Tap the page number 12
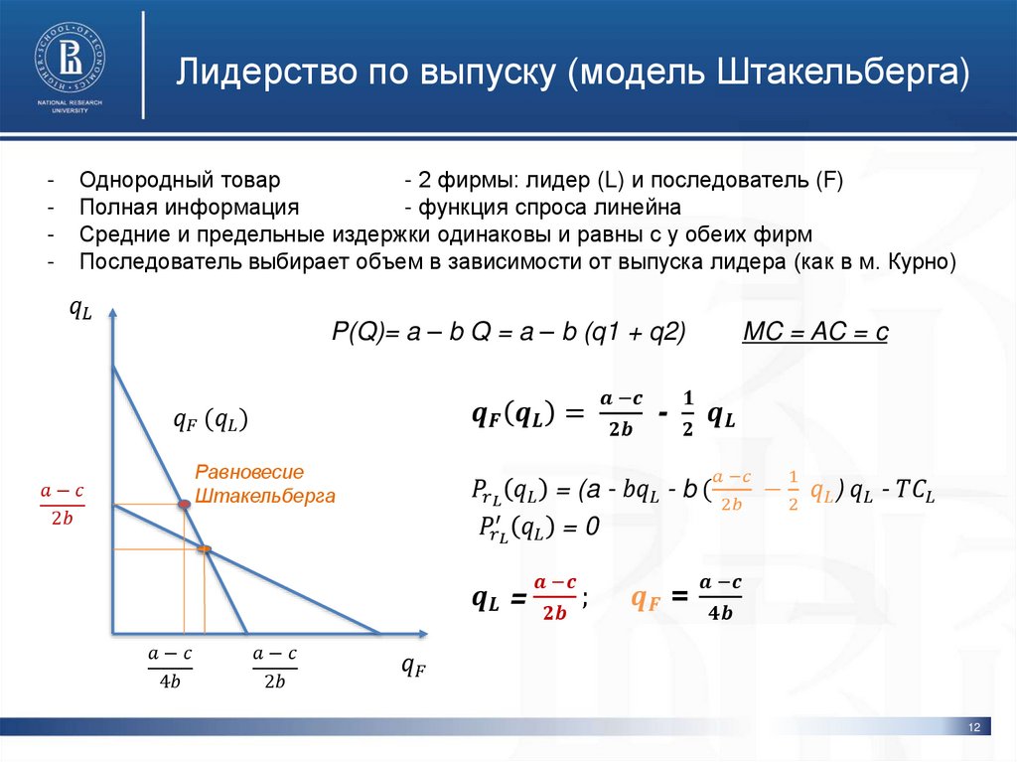(x=973, y=730)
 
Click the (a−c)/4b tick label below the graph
(x=170, y=667)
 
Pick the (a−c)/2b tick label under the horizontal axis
(x=274, y=667)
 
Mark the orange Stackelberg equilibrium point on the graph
(x=204, y=548)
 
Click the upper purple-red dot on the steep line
(x=185, y=505)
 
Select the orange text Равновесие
(x=249, y=472)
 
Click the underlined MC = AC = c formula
(x=814, y=333)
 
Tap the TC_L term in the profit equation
(x=915, y=490)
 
